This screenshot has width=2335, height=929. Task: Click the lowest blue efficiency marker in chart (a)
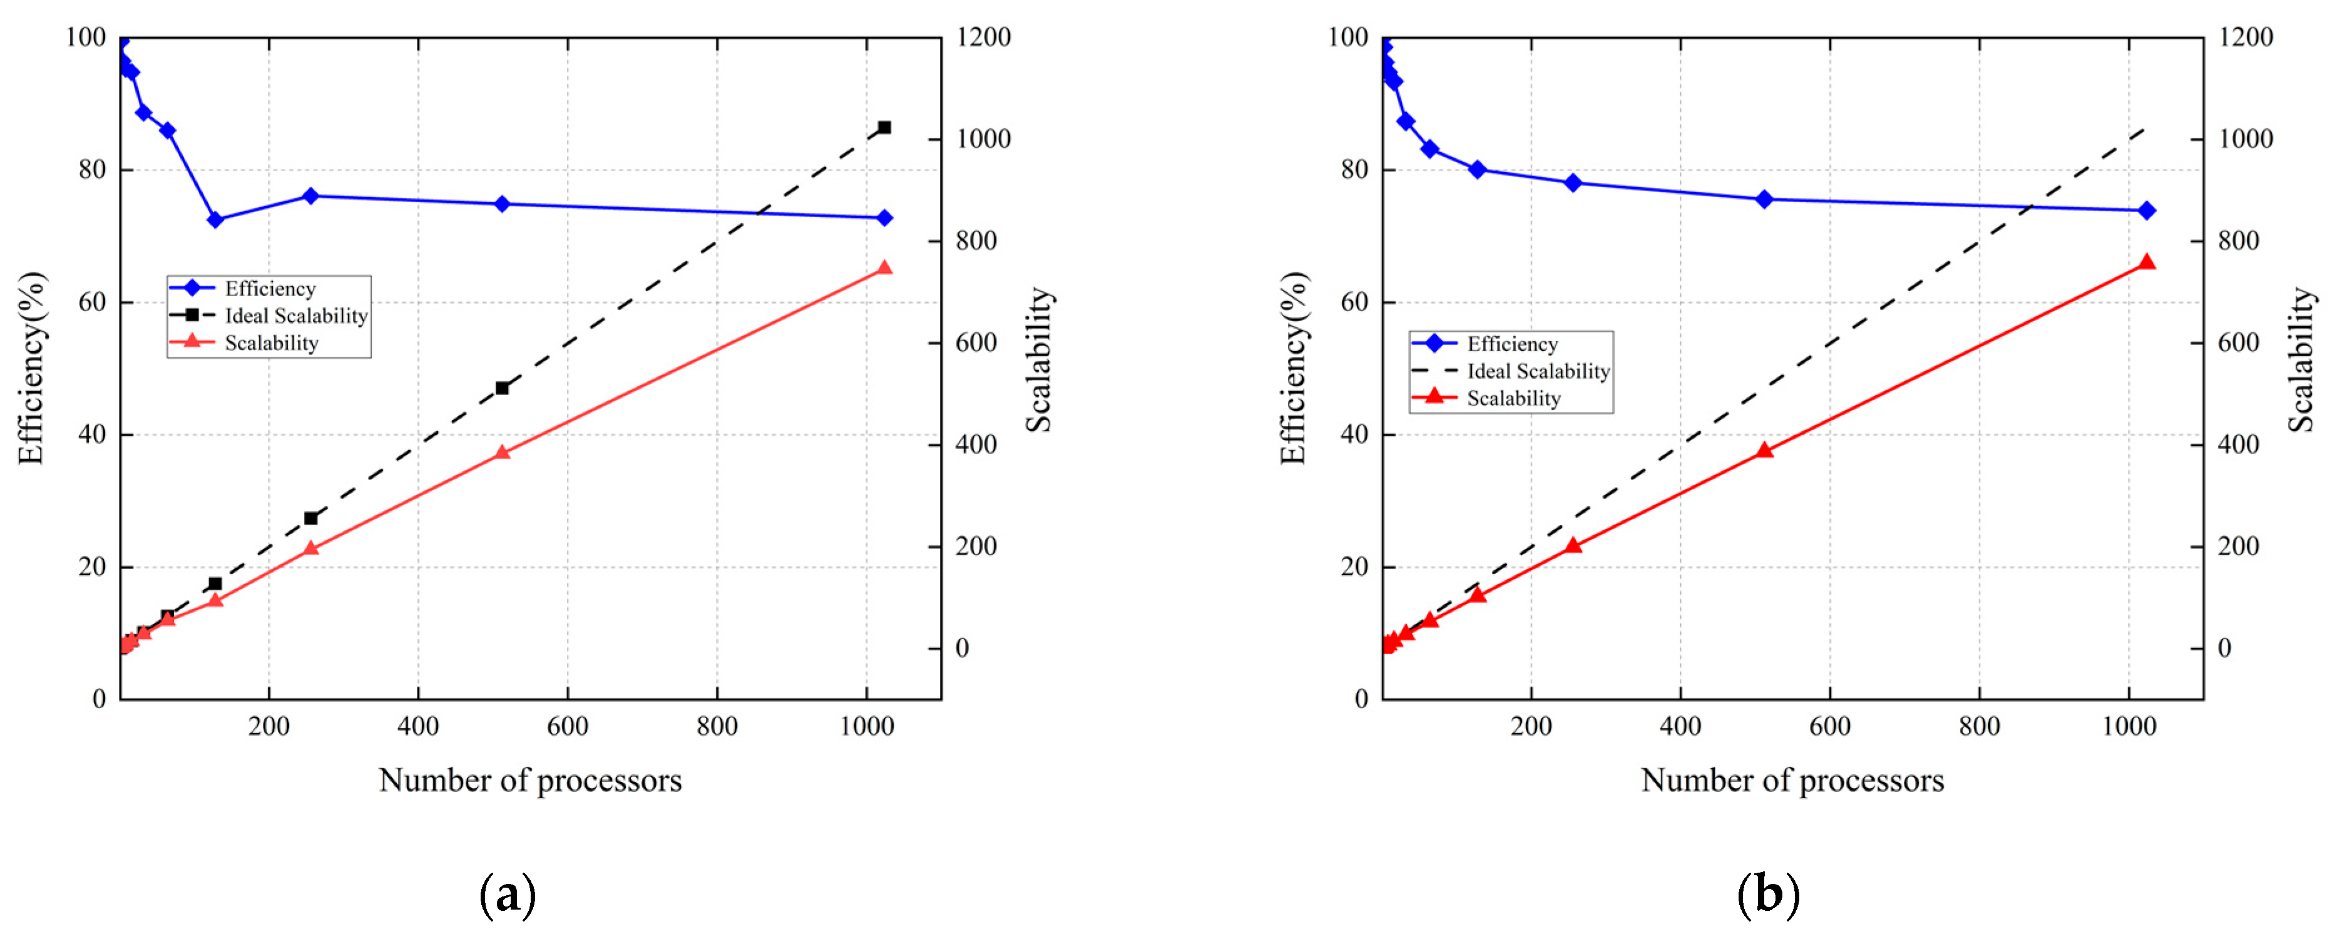click(x=215, y=219)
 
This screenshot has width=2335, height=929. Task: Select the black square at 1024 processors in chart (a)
click(x=884, y=128)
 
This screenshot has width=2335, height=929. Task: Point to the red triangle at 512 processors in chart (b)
click(x=1764, y=449)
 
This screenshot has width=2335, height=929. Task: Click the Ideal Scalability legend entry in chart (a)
click(x=295, y=316)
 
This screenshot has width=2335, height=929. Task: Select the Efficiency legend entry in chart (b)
click(x=1512, y=344)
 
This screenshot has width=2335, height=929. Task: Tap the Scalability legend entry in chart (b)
click(x=1514, y=399)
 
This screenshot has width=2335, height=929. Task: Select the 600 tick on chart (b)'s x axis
click(x=1829, y=726)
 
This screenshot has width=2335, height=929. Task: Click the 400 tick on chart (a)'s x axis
click(x=418, y=726)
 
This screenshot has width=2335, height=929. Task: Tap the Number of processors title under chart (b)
click(x=1792, y=781)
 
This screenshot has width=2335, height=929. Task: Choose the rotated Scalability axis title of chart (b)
click(x=2301, y=360)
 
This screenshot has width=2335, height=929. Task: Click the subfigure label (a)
click(x=508, y=895)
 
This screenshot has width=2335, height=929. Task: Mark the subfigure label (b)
click(x=1767, y=895)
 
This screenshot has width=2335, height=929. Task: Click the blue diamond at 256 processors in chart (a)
click(x=310, y=196)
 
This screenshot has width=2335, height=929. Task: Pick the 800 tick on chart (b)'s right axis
click(x=2239, y=241)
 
